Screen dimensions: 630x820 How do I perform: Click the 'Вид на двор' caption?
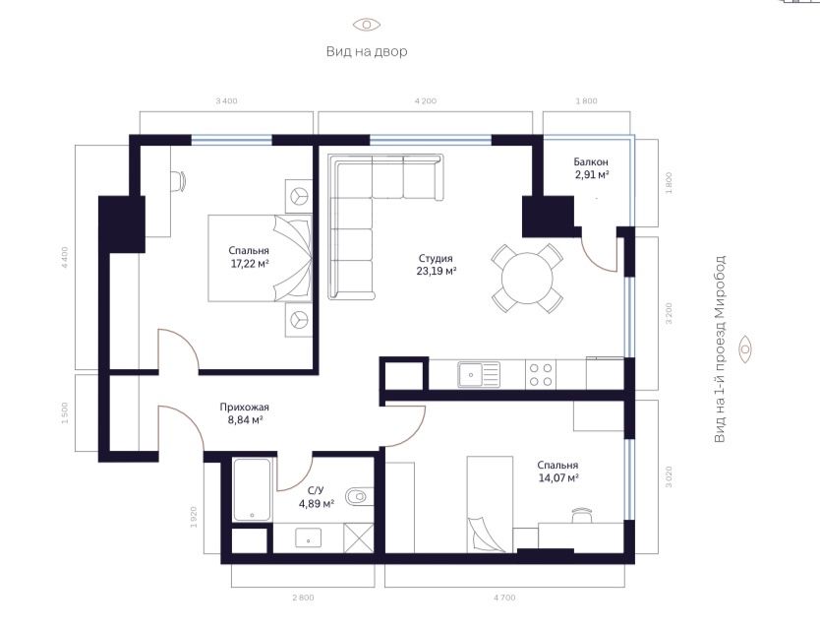[x=367, y=51]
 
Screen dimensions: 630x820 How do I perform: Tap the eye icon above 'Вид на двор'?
[x=367, y=25]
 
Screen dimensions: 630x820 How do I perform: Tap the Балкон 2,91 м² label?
[x=591, y=168]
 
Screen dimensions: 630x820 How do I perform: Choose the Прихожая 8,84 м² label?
[x=244, y=413]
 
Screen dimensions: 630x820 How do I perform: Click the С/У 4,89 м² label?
[x=316, y=497]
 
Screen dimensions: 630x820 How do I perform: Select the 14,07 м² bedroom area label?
[x=556, y=472]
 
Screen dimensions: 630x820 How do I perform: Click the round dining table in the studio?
[x=528, y=280]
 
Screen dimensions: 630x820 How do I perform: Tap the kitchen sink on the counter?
[x=478, y=374]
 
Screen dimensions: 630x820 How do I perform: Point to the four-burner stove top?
[x=541, y=374]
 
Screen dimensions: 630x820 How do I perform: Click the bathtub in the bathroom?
[x=252, y=490]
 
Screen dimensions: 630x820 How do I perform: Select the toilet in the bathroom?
[x=360, y=496]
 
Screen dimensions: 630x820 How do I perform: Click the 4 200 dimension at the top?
[x=425, y=101]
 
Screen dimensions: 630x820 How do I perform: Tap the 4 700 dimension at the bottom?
[x=504, y=598]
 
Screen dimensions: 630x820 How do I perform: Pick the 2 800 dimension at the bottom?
[x=302, y=598]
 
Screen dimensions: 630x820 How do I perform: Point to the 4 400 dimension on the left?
[x=65, y=257]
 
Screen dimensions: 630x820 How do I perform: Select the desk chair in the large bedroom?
[x=178, y=180]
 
